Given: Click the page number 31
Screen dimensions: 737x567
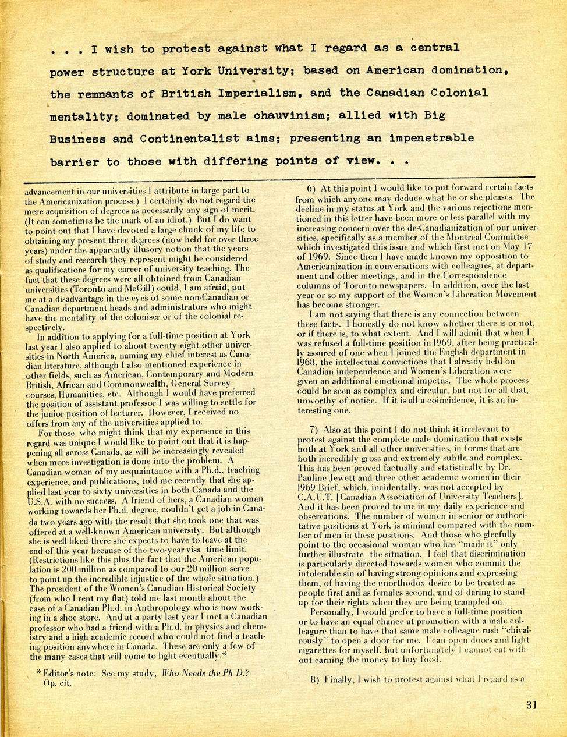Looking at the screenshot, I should [531, 705].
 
